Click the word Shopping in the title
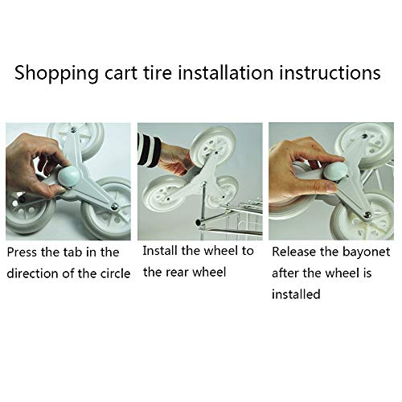[x=57, y=73]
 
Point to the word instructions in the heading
[x=330, y=72]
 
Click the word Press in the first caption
[x=23, y=252]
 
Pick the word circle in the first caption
[x=115, y=273]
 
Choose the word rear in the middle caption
[x=177, y=273]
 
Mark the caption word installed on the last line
[x=296, y=294]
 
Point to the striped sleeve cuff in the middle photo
[x=149, y=150]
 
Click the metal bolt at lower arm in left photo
[x=114, y=207]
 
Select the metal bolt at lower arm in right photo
[x=366, y=214]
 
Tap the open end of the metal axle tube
[x=198, y=222]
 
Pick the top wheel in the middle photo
[x=214, y=147]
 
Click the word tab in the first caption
[x=73, y=252]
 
